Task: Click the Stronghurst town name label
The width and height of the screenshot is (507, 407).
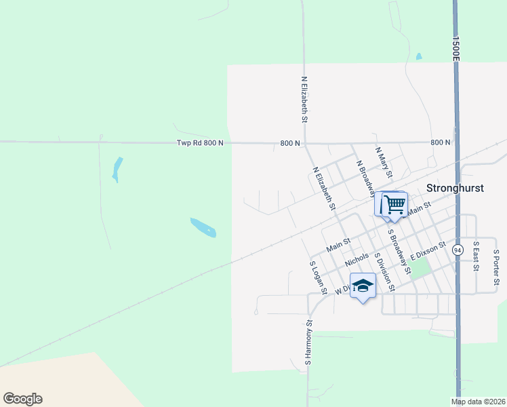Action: tap(455, 188)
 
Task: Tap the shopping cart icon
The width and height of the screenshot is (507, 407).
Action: tap(394, 203)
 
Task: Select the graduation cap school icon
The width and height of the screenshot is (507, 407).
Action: tap(363, 286)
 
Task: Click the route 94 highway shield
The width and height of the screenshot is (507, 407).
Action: tap(458, 250)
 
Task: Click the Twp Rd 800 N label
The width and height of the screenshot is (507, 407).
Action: tap(200, 143)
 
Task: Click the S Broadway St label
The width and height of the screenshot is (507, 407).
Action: tap(399, 251)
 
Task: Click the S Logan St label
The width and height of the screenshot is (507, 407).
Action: tap(318, 278)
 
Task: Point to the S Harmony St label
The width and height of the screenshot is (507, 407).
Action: tap(308, 343)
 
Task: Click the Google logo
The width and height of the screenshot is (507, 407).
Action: tap(22, 399)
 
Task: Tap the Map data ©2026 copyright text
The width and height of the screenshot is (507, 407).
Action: tap(479, 402)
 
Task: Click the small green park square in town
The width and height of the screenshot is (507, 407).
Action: tap(420, 269)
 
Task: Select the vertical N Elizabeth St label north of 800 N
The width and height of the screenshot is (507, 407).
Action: tap(304, 99)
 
